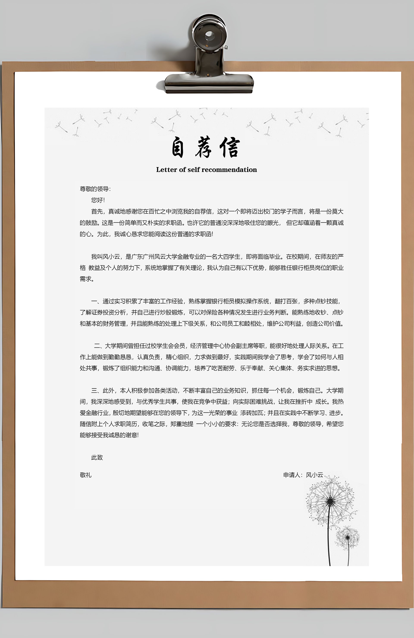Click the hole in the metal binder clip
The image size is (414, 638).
tap(209, 35)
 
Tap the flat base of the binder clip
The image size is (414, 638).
tap(209, 82)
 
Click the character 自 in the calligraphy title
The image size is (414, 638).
tap(178, 147)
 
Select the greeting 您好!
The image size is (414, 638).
tap(98, 200)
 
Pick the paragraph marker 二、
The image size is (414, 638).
tap(99, 346)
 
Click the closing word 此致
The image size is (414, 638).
tap(97, 457)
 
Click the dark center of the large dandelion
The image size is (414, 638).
tap(330, 501)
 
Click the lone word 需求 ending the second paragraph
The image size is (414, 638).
tap(86, 279)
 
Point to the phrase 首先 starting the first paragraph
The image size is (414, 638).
tap(97, 212)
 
